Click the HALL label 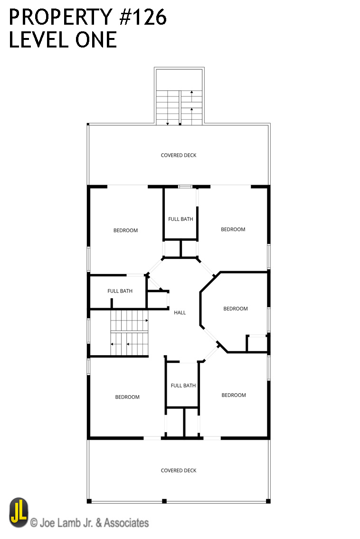point(180,312)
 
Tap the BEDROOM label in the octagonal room point(236,309)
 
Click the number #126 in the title point(143,17)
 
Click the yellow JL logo point(19,512)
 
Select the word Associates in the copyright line point(126,523)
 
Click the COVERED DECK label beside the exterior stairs point(179,155)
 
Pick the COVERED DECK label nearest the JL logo point(179,471)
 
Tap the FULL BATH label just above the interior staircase point(120,291)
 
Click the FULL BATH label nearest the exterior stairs point(180,219)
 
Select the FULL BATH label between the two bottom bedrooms point(183,386)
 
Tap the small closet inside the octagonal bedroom point(257,343)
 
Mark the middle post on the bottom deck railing point(164,501)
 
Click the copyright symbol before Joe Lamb point(34,523)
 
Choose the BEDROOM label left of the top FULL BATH point(125,230)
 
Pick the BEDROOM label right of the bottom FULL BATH point(234,395)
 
